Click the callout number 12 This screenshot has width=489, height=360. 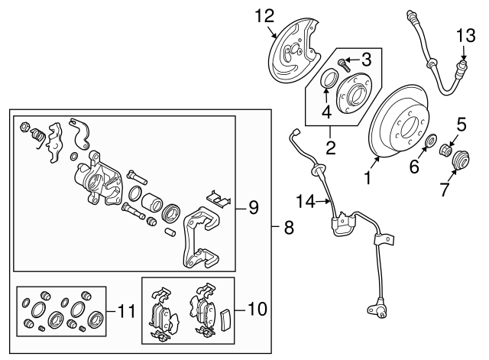(x=263, y=15)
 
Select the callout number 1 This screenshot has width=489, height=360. (x=368, y=180)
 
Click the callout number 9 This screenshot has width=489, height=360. (x=254, y=206)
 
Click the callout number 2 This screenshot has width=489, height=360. (x=330, y=147)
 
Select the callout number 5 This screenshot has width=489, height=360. (x=461, y=121)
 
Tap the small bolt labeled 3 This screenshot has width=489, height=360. (x=343, y=60)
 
